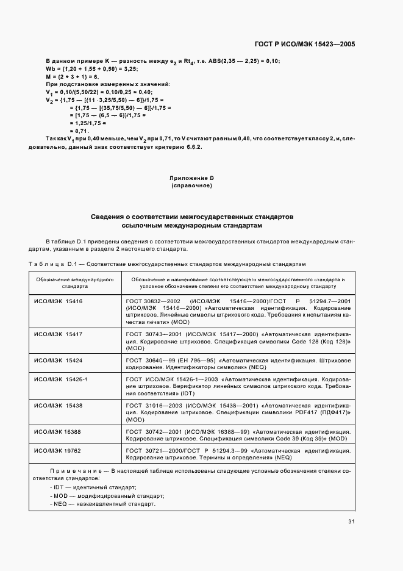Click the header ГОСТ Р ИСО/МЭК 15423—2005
pos(304,45)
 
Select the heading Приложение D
pos(191,178)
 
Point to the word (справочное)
pos(191,185)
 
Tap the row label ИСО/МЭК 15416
pos(59,301)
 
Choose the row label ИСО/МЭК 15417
pos(59,335)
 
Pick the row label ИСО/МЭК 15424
pos(59,361)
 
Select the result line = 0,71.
pos(79,131)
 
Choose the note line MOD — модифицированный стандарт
pos(104,496)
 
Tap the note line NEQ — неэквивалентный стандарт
pos(104,505)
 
